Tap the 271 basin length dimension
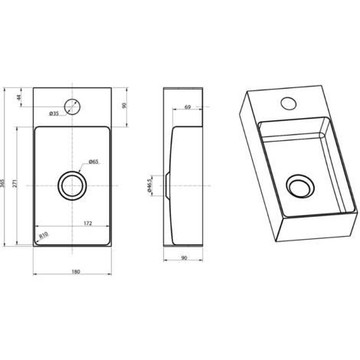coord(15,183)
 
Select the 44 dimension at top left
coord(18,97)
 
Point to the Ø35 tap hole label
coord(54,113)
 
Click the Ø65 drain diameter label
coord(93,162)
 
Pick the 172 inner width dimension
coord(87,223)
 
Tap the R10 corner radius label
coord(44,235)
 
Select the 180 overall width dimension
coord(76,272)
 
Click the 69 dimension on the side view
coord(188,107)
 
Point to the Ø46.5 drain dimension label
coord(149,185)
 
